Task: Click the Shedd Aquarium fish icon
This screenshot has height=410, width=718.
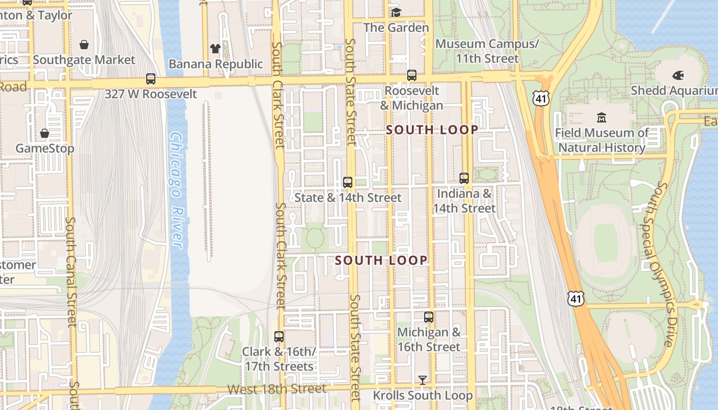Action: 678,75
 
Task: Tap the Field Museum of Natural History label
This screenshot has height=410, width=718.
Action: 602,140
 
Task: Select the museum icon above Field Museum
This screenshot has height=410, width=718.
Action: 602,118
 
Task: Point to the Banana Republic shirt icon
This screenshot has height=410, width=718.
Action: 215,49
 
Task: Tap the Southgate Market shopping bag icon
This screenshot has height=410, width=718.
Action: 84,45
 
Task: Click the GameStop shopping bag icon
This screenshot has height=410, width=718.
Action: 45,133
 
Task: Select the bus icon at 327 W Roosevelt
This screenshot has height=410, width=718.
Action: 151,79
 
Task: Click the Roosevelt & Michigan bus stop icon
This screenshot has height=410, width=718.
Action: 412,75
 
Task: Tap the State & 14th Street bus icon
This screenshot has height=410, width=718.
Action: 348,182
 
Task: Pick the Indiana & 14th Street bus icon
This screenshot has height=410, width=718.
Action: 464,178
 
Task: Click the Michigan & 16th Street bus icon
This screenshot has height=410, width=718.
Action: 429,317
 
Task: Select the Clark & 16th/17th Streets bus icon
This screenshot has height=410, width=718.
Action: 279,337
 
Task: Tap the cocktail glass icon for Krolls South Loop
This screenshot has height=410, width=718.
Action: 422,380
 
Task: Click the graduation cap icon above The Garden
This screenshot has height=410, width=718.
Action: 396,12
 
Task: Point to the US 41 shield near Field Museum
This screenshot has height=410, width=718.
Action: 542,98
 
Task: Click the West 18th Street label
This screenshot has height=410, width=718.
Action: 276,389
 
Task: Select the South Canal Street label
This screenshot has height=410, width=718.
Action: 71,272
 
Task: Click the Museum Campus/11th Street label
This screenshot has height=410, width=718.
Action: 487,51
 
